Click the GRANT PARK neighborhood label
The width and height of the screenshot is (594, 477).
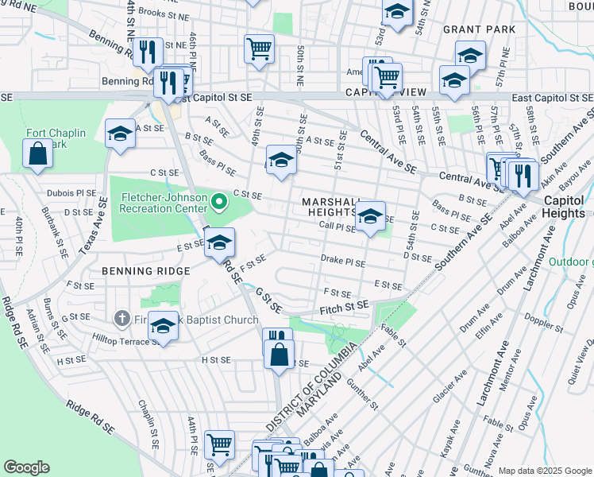tap(479, 29)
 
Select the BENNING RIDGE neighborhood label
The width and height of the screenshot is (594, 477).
tap(145, 271)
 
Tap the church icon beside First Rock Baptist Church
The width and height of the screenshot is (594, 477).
tap(121, 320)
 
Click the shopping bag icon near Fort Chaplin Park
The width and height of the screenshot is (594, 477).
tap(37, 153)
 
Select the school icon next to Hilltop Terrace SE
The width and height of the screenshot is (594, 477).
tap(164, 326)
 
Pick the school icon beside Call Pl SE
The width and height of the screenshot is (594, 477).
tap(370, 215)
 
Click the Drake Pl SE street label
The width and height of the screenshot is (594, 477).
tap(343, 261)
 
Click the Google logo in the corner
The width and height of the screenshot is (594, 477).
tap(27, 467)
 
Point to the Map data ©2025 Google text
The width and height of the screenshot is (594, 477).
tap(544, 471)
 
